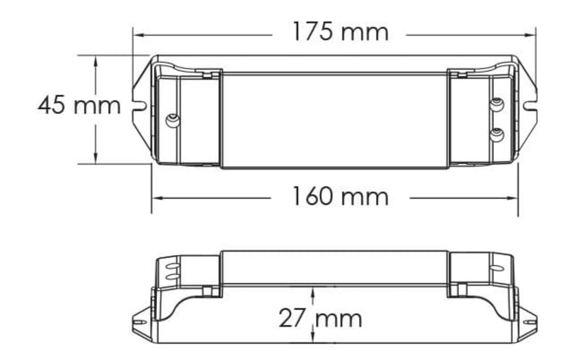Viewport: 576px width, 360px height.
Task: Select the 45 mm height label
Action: click(79, 106)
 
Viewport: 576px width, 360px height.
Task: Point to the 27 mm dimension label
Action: click(321, 318)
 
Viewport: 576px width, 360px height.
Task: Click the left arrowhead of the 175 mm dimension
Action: click(136, 35)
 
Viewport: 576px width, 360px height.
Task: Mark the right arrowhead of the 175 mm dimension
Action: click(532, 35)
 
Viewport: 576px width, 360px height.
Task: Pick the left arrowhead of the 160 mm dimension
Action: click(156, 197)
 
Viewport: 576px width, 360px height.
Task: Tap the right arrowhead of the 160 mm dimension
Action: click(515, 197)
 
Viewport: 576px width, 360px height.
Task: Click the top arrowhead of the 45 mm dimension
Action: click(96, 59)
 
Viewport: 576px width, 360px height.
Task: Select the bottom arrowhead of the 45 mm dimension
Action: click(96, 160)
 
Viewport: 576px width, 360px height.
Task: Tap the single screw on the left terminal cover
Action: click(170, 120)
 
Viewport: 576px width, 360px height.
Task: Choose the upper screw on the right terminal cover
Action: click(497, 104)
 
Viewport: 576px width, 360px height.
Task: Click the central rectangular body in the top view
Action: click(335, 120)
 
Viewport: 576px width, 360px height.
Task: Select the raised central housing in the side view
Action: click(335, 267)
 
